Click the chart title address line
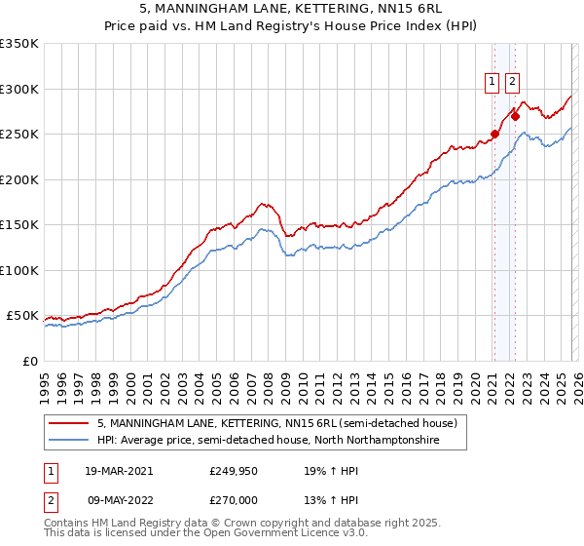tap(292, 9)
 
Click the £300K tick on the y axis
tap(19, 89)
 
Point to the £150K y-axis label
tap(19, 224)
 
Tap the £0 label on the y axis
tap(29, 361)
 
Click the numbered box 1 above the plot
tap(493, 83)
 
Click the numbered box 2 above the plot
tap(512, 83)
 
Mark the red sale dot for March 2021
tap(494, 135)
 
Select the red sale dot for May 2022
tap(515, 116)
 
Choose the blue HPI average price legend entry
tap(268, 441)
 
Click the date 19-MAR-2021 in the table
tap(119, 470)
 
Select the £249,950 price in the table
tap(235, 470)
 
